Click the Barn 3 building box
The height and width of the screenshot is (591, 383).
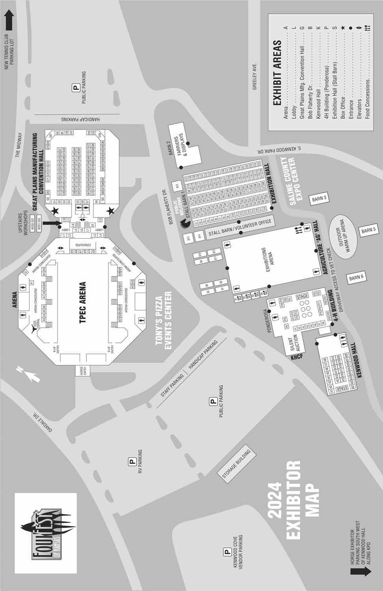(319, 198)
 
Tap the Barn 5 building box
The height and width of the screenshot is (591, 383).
(369, 230)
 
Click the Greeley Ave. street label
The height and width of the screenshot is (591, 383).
(255, 76)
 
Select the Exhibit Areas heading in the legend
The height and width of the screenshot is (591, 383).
(277, 72)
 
